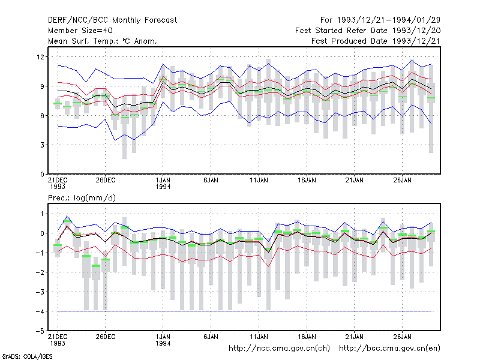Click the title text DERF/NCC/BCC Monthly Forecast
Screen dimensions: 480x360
pos(112,20)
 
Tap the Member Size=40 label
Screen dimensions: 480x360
pos(80,31)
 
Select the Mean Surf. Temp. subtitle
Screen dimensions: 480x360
pos(103,41)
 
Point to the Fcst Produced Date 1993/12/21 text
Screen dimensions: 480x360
pos(376,41)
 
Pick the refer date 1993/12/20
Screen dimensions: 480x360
pos(416,31)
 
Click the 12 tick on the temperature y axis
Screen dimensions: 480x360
pos(40,57)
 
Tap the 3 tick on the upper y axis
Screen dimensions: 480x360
pos(42,145)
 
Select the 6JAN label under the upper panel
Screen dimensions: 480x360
pos(211,181)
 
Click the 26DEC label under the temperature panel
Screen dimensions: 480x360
pos(106,181)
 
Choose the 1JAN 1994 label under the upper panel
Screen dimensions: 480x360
pos(163,184)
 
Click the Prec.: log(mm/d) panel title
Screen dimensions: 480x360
pos(82,198)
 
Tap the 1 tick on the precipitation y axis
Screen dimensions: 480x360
pos(43,214)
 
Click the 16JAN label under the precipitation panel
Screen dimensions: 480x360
pos(307,337)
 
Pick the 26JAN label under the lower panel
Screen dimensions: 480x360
pos(402,337)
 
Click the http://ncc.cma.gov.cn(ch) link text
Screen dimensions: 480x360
pos(279,349)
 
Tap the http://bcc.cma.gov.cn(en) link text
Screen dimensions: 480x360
pos(389,349)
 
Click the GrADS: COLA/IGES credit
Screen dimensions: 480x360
pos(27,356)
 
